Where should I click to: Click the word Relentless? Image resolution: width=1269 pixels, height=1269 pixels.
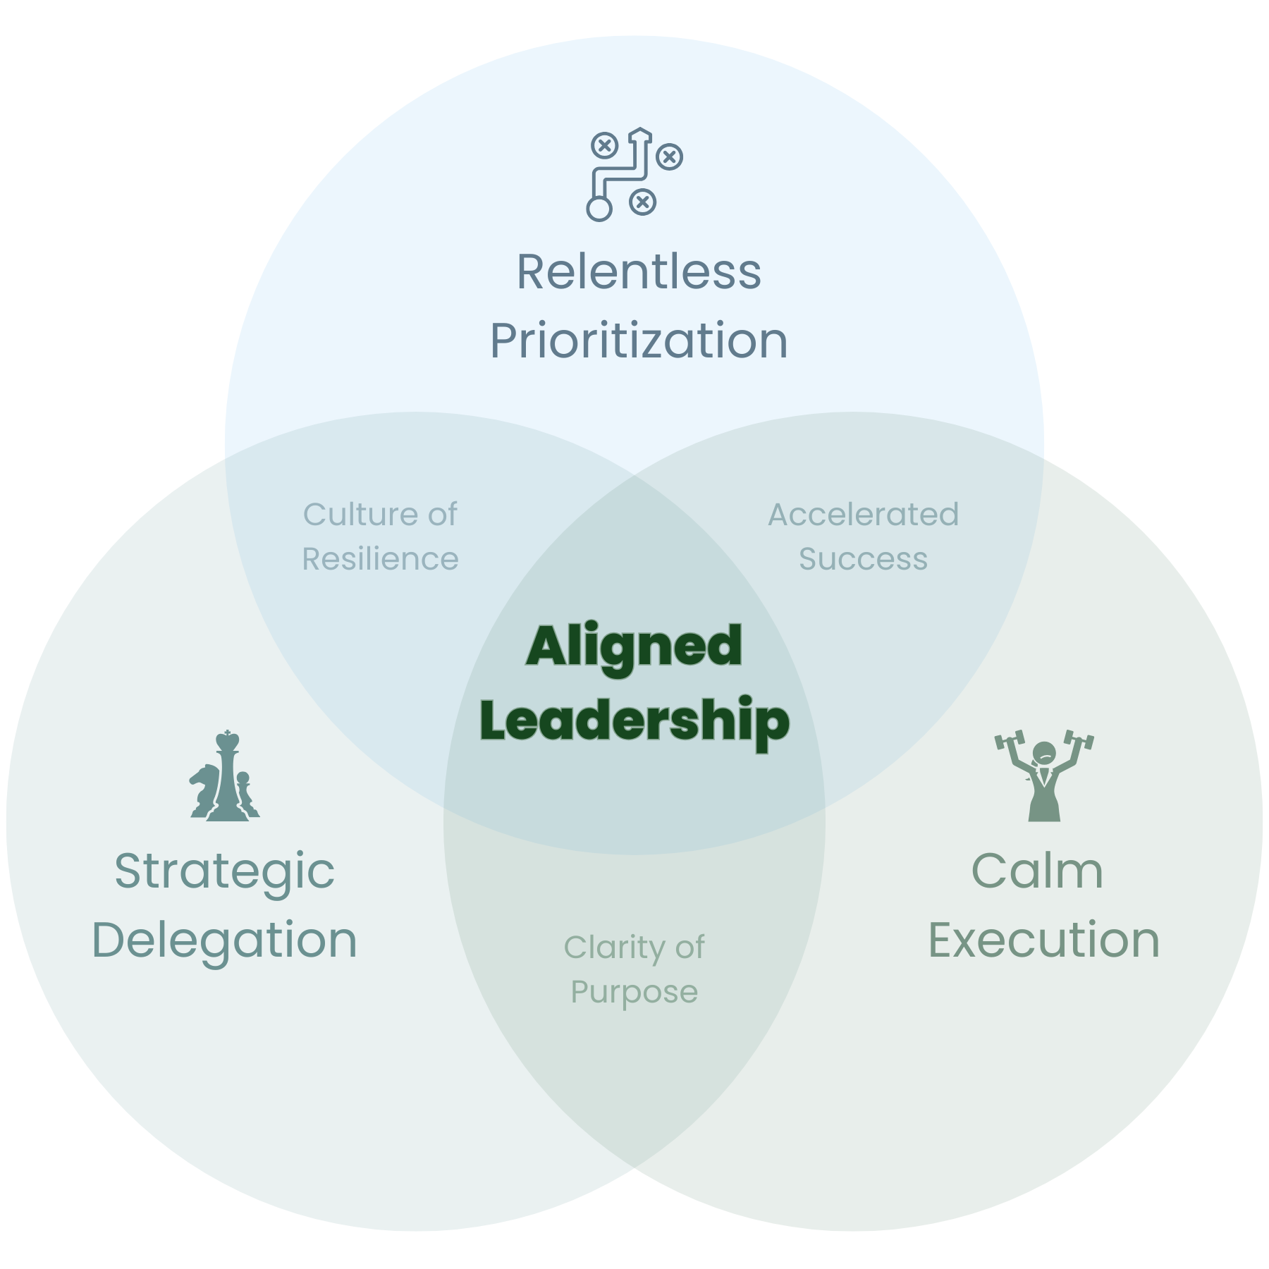point(639,272)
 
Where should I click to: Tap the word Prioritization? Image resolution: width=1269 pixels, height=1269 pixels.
point(639,341)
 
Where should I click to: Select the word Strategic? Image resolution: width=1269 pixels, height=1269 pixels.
point(224,871)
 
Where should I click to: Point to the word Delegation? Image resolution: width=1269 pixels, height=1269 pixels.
point(224,940)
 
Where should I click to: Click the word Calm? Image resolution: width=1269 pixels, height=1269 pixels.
point(1037,871)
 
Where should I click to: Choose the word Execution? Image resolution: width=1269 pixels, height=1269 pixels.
point(1043,940)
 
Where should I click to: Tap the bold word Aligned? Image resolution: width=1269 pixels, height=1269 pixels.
point(634,646)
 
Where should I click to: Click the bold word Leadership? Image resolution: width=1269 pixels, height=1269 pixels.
point(634,721)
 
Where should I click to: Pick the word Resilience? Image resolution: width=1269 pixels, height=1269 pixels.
point(380,559)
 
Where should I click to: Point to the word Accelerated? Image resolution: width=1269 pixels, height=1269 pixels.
point(863,515)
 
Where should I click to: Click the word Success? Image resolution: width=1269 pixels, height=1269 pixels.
point(863,559)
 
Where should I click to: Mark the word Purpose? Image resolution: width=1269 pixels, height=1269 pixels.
point(634,993)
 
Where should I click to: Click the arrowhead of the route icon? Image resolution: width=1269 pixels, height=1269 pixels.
point(639,134)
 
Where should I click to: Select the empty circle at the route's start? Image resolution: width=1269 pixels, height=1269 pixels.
point(599,209)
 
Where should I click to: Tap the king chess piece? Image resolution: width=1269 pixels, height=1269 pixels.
point(226,775)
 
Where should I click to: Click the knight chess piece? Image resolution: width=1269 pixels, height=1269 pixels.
point(204,788)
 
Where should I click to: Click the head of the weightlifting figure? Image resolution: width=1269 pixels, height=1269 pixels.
point(1044,753)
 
